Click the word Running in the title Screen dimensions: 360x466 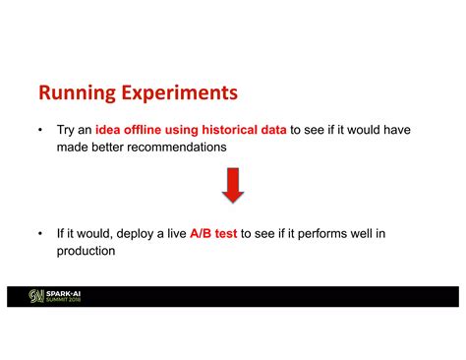tap(77, 93)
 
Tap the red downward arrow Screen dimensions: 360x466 tap(233, 184)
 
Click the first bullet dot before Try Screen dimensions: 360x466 tap(39, 129)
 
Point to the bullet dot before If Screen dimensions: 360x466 tap(39, 234)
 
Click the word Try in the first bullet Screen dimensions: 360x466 tap(67, 129)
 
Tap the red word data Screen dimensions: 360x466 tap(275, 129)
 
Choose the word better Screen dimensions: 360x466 tap(108, 146)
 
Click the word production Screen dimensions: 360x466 tap(87, 251)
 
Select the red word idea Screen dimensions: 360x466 tap(108, 129)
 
